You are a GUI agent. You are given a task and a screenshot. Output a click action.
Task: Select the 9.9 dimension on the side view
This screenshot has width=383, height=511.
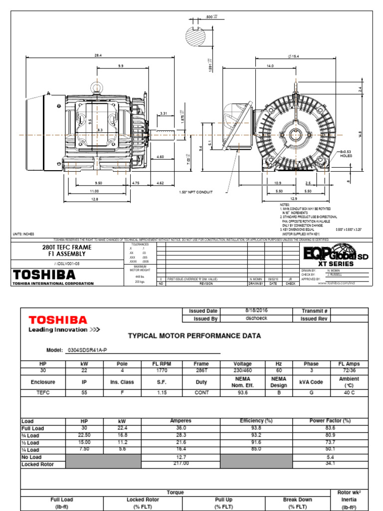(121, 66)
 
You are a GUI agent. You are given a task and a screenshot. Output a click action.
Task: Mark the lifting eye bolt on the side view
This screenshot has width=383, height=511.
(97, 88)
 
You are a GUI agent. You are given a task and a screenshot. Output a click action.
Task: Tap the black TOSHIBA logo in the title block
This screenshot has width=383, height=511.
(44, 275)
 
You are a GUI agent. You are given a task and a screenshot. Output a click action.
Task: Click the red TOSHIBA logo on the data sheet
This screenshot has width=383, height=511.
(58, 320)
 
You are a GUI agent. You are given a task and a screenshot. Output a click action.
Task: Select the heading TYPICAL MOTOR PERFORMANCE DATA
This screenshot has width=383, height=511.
(194, 336)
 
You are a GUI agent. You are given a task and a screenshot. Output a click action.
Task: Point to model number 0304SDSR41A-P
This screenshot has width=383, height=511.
(87, 350)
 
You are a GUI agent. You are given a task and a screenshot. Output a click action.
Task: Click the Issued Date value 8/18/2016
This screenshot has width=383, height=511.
(258, 310)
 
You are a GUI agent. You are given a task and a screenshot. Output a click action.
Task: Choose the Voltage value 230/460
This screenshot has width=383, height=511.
(243, 371)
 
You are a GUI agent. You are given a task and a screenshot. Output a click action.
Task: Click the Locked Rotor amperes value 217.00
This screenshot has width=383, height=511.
(181, 464)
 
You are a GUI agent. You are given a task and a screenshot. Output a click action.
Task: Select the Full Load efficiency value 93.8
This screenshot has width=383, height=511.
(256, 428)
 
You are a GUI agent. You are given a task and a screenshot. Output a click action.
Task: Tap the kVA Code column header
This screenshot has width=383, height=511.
(311, 382)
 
